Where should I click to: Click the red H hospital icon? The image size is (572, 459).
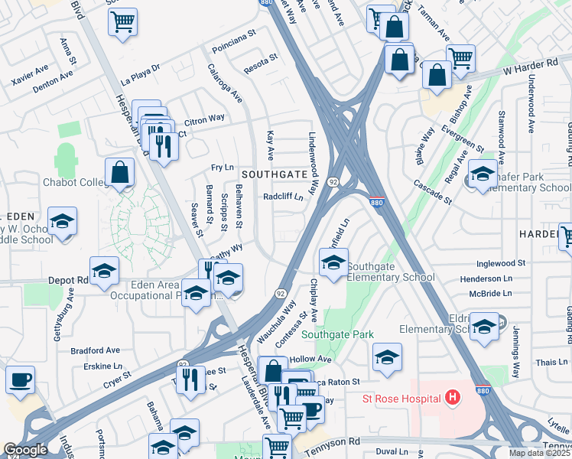pos(453,398)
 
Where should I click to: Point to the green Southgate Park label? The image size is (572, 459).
pos(337,334)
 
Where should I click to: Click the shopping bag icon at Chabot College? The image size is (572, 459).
pos(121,174)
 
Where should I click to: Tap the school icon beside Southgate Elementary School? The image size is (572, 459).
pos(333,264)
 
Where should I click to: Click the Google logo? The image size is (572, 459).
pos(25,450)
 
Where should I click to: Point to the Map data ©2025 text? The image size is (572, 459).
pos(540,453)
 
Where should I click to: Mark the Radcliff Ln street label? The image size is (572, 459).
pos(283,197)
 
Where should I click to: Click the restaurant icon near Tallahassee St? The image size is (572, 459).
pos(190,379)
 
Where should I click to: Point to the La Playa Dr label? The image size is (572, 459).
pos(140,71)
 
